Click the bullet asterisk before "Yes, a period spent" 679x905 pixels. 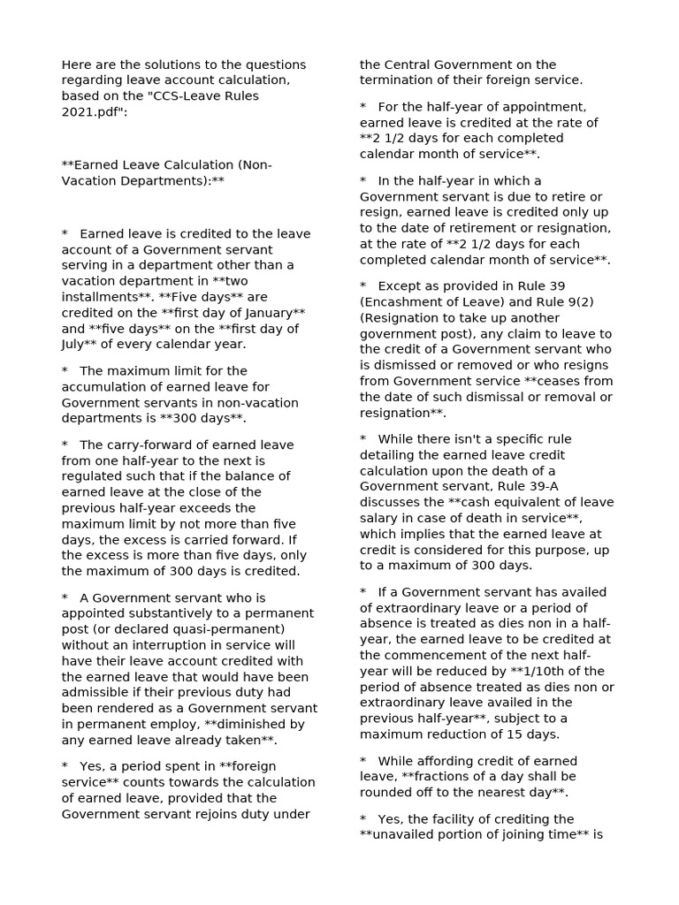point(65,766)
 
